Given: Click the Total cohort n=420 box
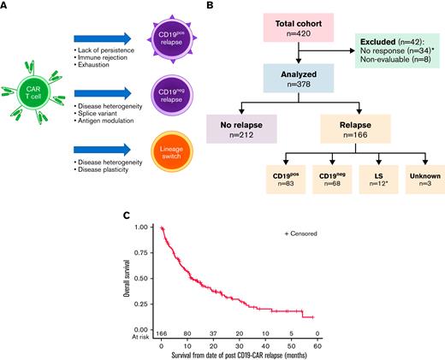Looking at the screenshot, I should click(298, 27).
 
